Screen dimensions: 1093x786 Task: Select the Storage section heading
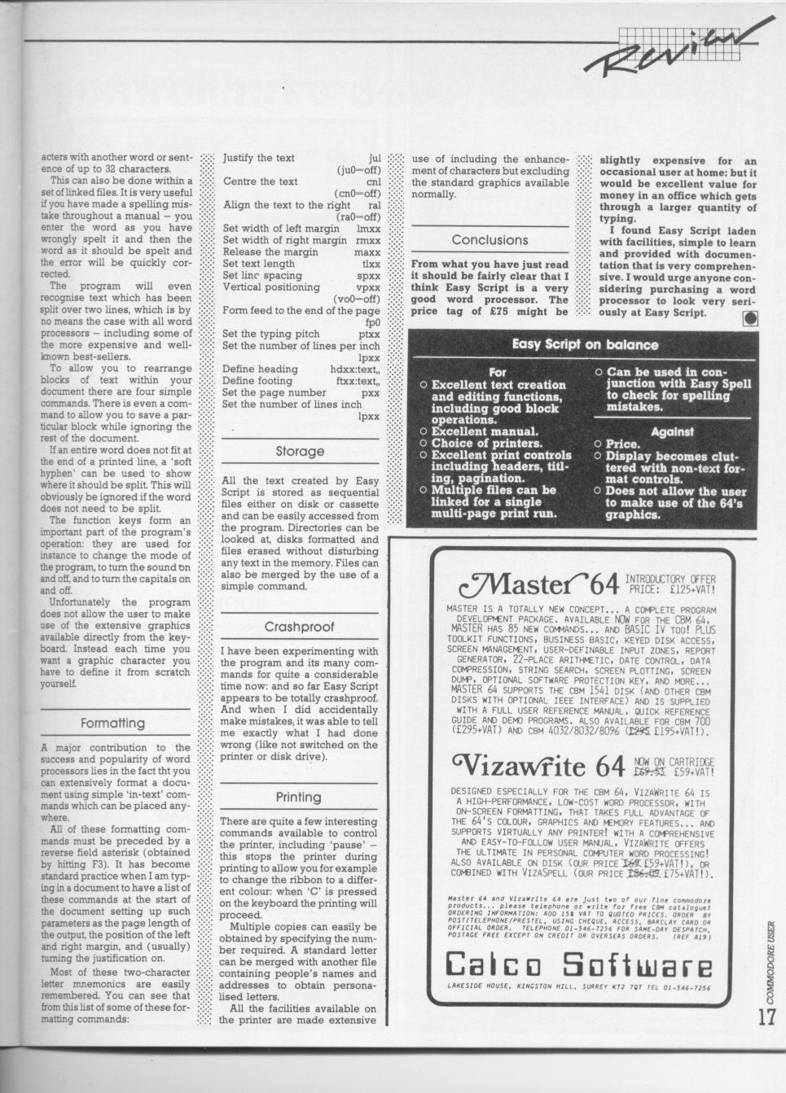(x=299, y=451)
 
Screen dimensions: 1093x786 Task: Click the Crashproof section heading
(x=299, y=627)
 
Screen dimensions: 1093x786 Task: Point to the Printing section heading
(x=299, y=797)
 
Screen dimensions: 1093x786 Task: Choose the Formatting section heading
(x=112, y=723)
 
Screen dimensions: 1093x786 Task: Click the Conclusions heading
(x=490, y=240)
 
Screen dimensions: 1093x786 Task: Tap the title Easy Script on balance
(x=585, y=344)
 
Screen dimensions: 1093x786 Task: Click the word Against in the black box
(x=672, y=431)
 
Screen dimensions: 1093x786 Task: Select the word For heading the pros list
(x=497, y=372)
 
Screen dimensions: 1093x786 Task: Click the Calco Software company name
(x=579, y=966)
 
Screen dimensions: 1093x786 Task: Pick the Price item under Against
(x=625, y=444)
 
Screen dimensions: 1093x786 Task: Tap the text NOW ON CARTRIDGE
(x=673, y=759)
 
